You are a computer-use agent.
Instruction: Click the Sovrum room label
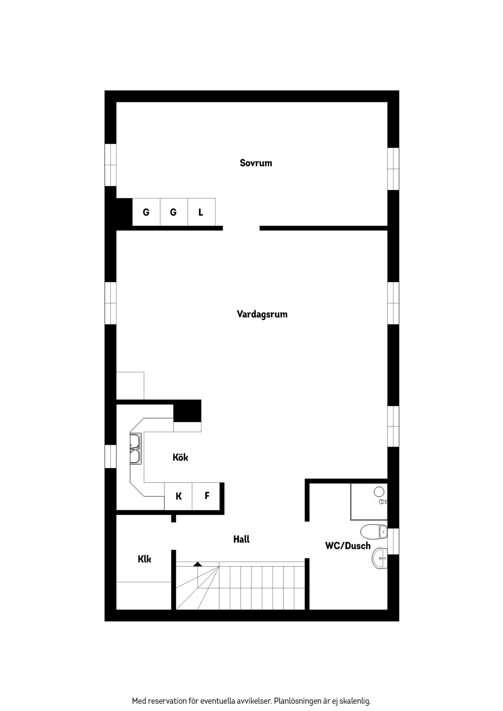coord(256,163)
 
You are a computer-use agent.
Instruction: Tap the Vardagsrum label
coord(262,314)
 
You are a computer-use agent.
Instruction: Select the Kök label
coord(180,457)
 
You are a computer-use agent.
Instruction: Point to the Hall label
coord(241,539)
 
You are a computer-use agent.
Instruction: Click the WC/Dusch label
coord(348,546)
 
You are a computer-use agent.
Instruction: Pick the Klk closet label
coord(144,559)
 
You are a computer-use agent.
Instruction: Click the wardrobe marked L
coord(201,212)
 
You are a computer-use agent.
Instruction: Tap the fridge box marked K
coord(178,497)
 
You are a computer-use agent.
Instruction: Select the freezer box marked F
coord(207,496)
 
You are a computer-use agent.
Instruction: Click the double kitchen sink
coord(135,449)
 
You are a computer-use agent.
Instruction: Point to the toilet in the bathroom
coord(373,531)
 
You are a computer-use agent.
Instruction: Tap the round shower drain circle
coord(379,491)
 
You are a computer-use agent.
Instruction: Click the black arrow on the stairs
coord(198,564)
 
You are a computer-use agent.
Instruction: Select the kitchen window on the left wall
coord(110,456)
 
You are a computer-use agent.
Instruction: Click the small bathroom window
coord(393,541)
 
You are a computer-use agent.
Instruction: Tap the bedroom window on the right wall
coord(393,169)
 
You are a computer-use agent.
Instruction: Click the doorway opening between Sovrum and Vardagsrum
coord(241,228)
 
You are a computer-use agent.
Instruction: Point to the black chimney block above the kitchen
coord(187,411)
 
